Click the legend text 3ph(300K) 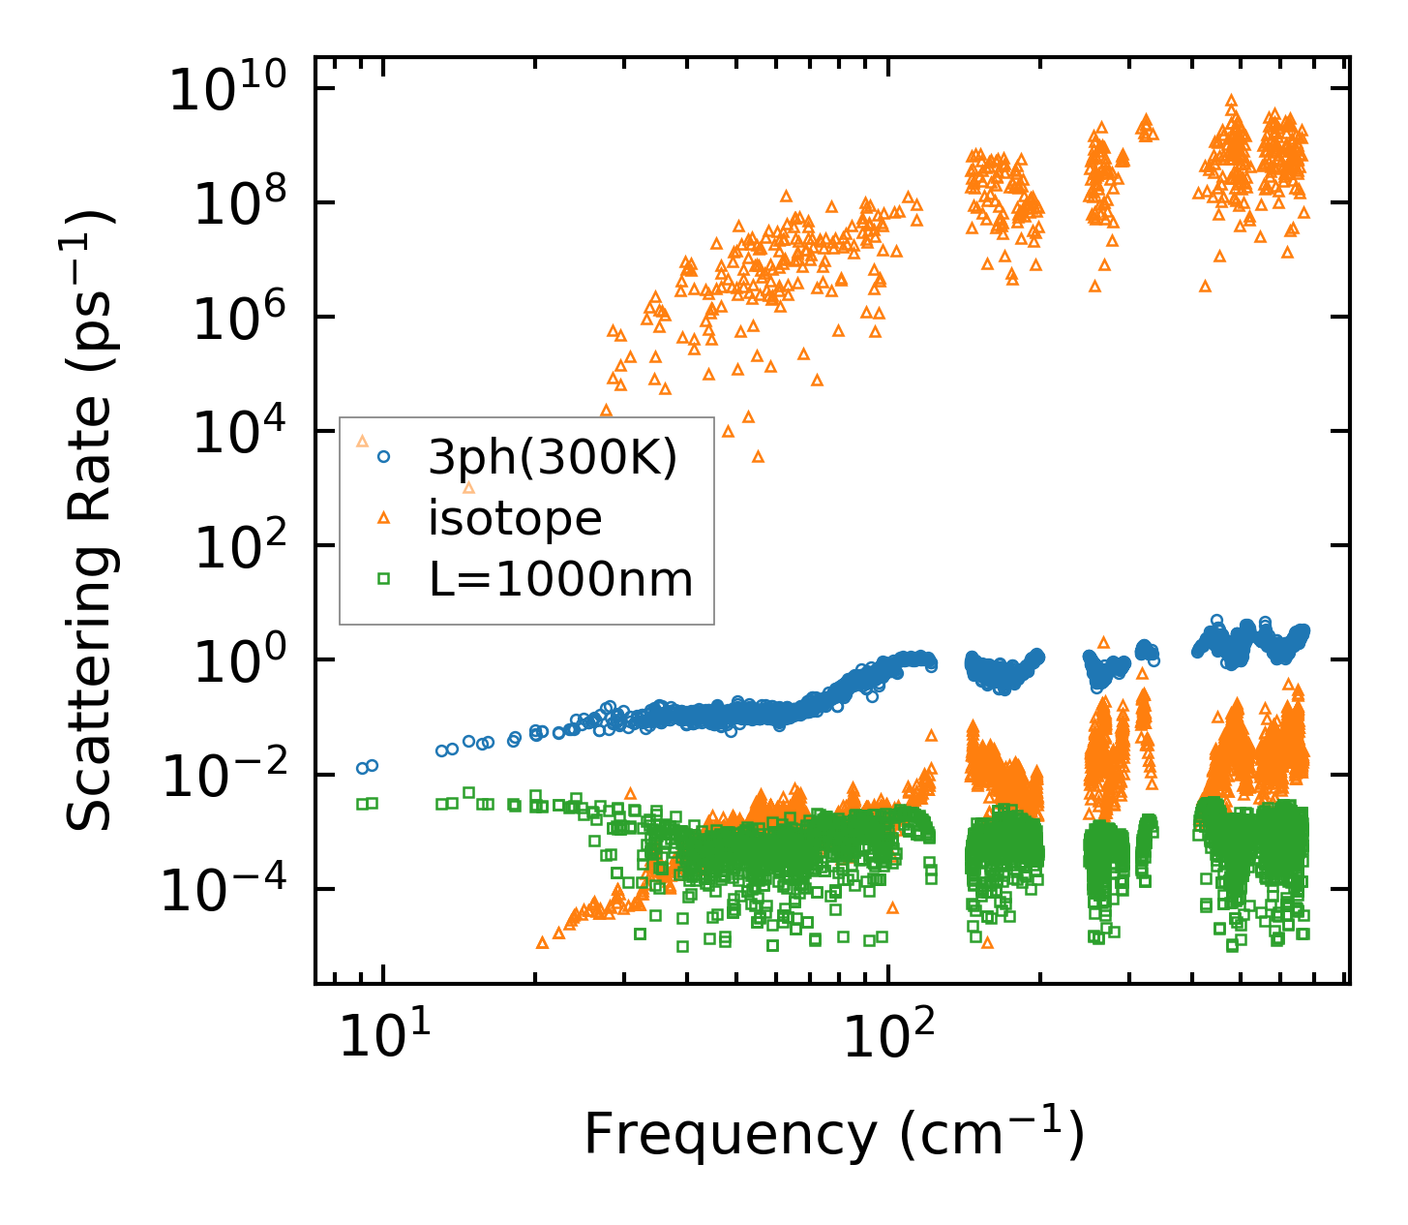tap(553, 457)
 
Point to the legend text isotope tap(515, 519)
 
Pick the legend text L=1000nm tap(560, 580)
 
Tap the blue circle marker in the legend tap(384, 456)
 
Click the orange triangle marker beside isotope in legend tap(384, 519)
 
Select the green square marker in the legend tap(384, 579)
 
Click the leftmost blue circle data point tap(362, 768)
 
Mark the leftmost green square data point tap(362, 804)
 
